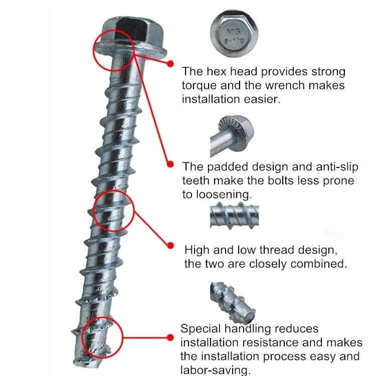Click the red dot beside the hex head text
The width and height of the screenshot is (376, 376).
point(170,64)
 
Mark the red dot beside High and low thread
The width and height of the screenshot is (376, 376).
point(170,246)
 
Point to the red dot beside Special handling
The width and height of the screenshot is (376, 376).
point(170,338)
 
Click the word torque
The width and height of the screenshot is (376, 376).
point(199,86)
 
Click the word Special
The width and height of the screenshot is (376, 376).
point(201,329)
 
